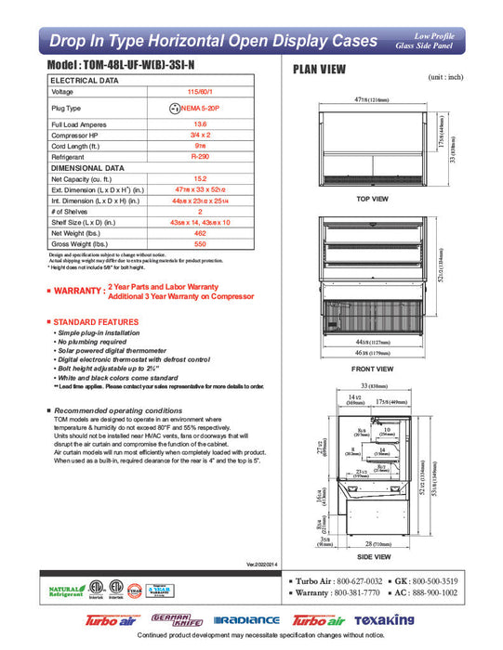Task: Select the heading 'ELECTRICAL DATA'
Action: point(85,81)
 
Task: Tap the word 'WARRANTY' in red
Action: point(77,291)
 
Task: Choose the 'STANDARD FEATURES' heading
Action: point(96,321)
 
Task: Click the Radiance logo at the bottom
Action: point(246,619)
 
